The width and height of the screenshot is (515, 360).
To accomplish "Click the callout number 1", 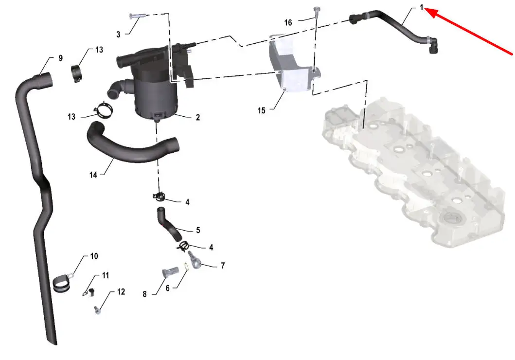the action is click(x=422, y=7).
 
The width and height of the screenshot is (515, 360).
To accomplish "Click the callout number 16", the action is click(x=288, y=23).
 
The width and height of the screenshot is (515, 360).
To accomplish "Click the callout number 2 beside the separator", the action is click(x=198, y=117).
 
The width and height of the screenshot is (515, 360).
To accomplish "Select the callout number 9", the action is click(x=60, y=58).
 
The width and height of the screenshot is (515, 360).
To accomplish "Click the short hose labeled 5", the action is click(x=169, y=224).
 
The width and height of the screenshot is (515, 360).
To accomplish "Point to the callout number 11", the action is click(x=106, y=275).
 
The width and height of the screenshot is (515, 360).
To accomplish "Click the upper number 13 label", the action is click(x=99, y=50).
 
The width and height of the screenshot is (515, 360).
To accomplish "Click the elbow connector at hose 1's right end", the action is click(x=432, y=45).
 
